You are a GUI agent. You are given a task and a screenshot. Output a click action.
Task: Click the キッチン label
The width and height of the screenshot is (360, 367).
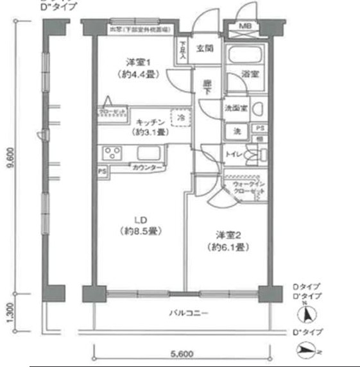coord(151,122)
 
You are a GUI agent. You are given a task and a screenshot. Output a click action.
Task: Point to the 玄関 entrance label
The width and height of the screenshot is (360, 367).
coord(205,48)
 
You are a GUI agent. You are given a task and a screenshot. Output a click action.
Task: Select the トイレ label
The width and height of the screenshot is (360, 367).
coord(234,154)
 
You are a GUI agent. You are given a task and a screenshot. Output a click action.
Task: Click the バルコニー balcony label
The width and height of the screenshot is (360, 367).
coord(187,313)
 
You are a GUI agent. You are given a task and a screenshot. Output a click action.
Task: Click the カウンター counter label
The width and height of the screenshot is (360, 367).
coord(147,168)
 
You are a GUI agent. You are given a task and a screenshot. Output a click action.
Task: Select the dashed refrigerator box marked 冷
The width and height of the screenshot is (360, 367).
coord(182,119)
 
